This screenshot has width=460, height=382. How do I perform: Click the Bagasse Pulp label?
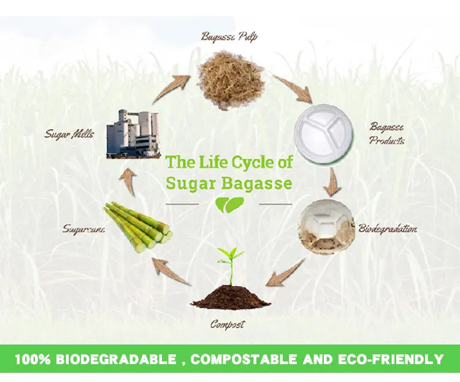(x=229, y=36)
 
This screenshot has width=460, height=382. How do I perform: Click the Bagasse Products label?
(x=387, y=133)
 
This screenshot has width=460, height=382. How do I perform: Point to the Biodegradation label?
(x=388, y=229)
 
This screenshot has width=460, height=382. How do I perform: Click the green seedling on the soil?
(x=230, y=264)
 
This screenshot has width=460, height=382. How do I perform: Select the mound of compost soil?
(x=231, y=298)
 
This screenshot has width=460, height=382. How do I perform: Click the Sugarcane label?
(x=84, y=229)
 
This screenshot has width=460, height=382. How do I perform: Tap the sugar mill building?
(x=135, y=134)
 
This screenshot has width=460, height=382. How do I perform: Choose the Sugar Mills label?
(x=69, y=133)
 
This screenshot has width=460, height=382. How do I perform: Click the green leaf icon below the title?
(x=229, y=205)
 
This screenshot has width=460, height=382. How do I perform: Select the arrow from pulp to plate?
(x=293, y=88)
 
